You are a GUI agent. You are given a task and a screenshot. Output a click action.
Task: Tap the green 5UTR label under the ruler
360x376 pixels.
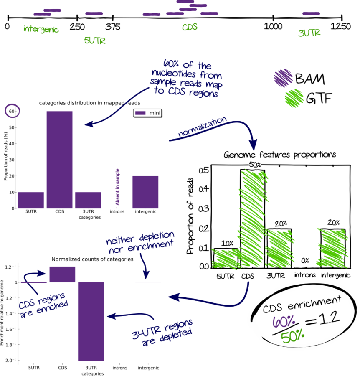[x=95, y=41]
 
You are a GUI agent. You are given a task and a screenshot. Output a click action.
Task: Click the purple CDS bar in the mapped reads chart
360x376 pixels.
[x=59, y=160]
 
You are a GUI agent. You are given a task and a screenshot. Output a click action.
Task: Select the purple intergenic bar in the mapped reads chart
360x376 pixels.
[x=145, y=192]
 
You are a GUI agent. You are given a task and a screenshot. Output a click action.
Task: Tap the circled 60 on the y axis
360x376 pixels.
[x=11, y=112]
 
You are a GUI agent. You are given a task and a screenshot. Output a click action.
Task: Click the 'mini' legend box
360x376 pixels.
[x=147, y=113]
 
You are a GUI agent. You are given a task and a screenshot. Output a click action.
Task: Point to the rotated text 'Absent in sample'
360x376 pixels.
[x=117, y=187]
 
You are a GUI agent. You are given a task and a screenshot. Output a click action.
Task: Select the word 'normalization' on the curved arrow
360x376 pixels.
[x=203, y=127]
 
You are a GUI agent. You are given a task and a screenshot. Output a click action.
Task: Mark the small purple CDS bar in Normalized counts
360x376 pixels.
[x=62, y=274]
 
